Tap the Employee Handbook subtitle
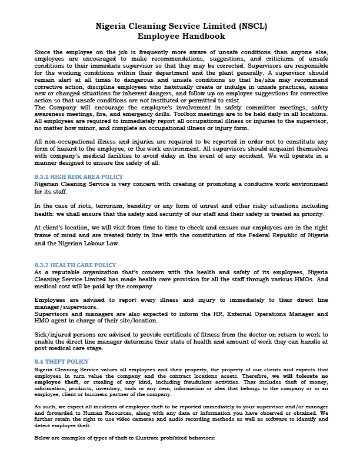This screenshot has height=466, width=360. (x=181, y=36)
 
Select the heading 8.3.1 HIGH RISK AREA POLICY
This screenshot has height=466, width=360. (x=79, y=177)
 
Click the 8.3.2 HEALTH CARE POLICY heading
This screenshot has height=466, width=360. (x=75, y=265)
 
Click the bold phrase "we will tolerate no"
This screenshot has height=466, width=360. (x=298, y=375)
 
